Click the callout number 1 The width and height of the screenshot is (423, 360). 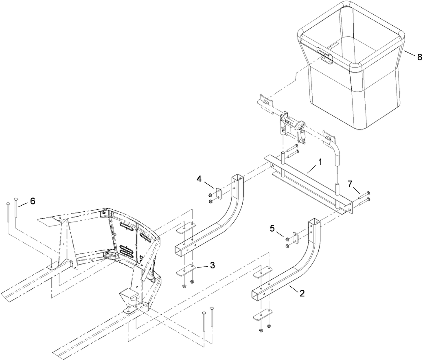tap(320, 162)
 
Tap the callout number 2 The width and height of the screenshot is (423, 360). tap(302, 293)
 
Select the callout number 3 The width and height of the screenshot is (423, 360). tap(213, 265)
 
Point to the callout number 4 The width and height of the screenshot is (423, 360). tap(199, 179)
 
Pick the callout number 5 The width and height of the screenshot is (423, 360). tap(272, 228)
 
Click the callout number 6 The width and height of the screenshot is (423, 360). tap(33, 201)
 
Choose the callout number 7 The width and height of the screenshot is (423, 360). tap(350, 184)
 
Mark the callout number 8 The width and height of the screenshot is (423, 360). tap(419, 57)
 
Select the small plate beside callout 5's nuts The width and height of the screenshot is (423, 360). tap(296, 238)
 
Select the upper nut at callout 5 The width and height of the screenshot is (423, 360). tap(287, 239)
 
